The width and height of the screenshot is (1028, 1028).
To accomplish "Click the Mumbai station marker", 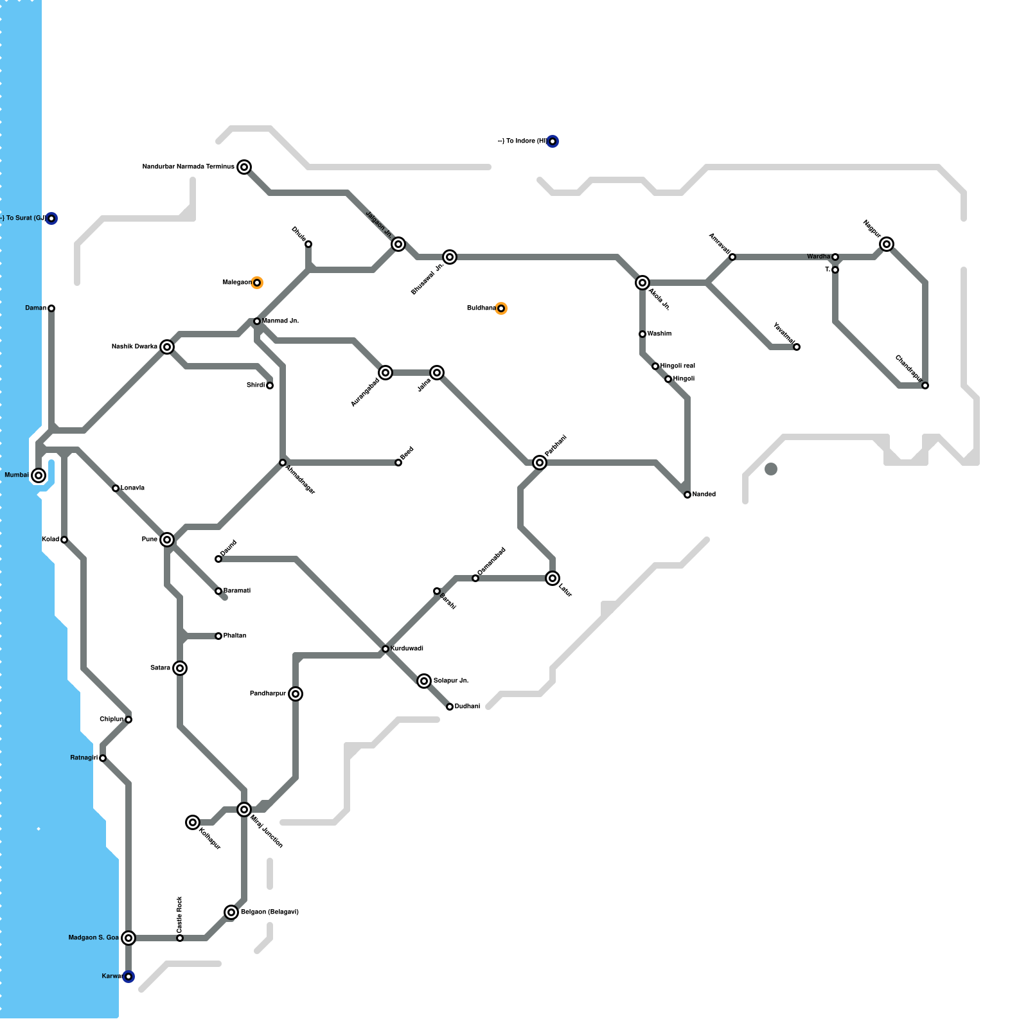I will pos(39,475).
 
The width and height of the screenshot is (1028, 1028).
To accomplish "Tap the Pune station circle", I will pos(167,540).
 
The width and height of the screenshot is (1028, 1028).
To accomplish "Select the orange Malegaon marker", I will pos(257,283).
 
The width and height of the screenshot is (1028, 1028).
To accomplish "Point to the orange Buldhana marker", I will pos(501,308).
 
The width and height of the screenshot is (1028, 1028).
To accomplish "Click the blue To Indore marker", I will pos(553,141).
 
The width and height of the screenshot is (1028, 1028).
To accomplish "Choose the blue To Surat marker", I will pos(51,218).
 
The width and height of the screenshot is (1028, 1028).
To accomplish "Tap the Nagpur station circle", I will pos(887,244).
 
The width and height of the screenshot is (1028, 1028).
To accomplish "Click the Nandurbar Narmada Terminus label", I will pos(188,167).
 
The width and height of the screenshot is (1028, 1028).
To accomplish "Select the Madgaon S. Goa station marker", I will pos(128,938).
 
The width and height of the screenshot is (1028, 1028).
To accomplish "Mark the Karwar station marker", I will pos(128,977).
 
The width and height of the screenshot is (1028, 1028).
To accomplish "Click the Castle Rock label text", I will pos(179,914).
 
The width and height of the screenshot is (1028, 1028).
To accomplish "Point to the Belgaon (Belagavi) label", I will pos(269,912).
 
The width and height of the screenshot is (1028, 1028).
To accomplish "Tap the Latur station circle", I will pos(553,578).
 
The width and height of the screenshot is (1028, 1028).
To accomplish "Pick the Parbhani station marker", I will pos(540,463).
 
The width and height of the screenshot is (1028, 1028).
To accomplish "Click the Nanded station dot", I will pos(687,495).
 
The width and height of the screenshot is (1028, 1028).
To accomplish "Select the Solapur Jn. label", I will pos(450,681).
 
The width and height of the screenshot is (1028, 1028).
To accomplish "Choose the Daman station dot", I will pos(51,308).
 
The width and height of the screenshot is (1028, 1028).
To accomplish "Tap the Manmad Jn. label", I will pos(280,321).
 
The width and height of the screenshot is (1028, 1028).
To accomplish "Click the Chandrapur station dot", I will pos(925,385).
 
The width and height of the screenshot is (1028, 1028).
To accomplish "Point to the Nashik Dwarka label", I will pos(134,347).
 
